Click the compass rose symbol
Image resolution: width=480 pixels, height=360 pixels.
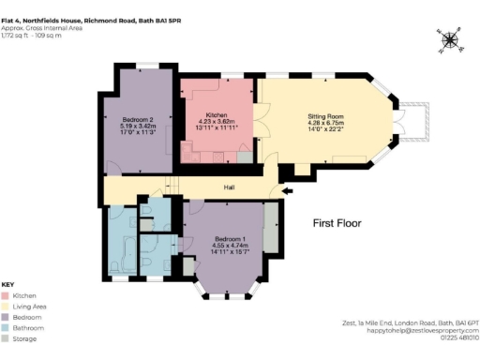coord(449,39)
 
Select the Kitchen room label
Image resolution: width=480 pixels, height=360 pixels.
coord(217,114)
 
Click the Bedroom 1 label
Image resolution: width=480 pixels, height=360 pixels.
coord(225,238)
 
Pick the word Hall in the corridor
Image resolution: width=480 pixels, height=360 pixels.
coord(229,187)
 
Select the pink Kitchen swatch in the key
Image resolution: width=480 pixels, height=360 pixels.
coord(6,295)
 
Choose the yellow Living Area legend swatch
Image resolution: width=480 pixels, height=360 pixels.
coord(6,307)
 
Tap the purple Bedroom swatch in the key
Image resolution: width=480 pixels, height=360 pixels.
coord(6,318)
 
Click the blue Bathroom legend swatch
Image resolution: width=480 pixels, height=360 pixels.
coord(6,329)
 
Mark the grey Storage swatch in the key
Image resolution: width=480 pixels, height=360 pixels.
coord(6,340)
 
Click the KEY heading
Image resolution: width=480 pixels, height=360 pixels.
coord(7,284)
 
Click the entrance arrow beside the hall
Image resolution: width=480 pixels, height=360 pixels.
coord(285,190)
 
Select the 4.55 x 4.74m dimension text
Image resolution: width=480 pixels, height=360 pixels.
coord(225,245)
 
